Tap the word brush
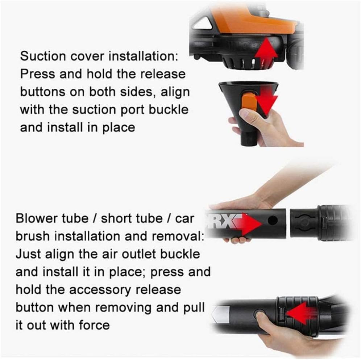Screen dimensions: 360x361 click(33, 236)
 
